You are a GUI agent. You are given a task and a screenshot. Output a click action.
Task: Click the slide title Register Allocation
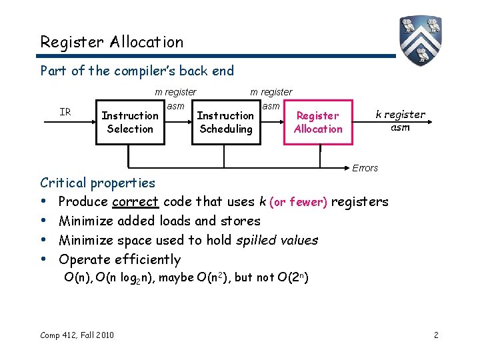click(x=111, y=42)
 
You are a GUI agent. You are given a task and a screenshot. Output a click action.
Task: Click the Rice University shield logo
click(x=421, y=41)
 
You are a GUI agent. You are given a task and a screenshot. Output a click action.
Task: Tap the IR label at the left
click(x=65, y=112)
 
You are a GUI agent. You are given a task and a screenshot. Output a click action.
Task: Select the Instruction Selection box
click(x=130, y=122)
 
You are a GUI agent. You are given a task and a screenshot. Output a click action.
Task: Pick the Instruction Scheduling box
click(x=225, y=122)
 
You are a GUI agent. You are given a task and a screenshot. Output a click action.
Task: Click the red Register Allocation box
click(x=317, y=122)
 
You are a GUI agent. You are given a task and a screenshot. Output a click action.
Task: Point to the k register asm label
click(x=400, y=121)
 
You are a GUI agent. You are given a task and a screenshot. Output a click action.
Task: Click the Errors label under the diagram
click(x=365, y=168)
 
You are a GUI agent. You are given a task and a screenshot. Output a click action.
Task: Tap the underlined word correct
click(x=135, y=201)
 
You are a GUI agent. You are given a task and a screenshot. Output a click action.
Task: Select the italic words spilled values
click(x=280, y=240)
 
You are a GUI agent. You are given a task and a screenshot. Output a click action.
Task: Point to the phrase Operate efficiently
click(x=119, y=259)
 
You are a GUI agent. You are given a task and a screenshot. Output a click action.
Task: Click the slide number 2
click(x=436, y=335)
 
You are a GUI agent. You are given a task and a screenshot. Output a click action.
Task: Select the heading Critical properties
click(x=97, y=183)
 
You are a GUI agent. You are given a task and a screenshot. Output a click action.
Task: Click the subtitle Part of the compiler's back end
click(x=137, y=70)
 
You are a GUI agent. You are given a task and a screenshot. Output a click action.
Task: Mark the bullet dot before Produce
click(x=43, y=201)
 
